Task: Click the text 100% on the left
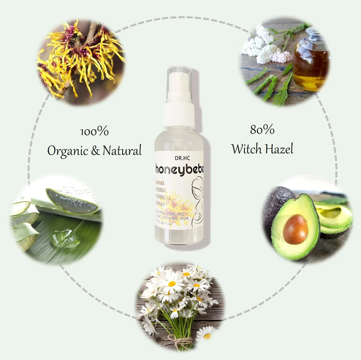pos(94,132)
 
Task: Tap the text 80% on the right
pos(262,130)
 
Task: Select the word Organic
pos(67,151)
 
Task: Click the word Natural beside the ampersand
pos(122,151)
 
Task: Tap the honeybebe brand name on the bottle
pos(179,169)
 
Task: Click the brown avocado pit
pos(295,229)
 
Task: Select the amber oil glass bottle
pos(310,63)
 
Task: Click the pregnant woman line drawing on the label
pos(197,201)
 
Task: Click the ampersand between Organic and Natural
pos(95,151)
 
